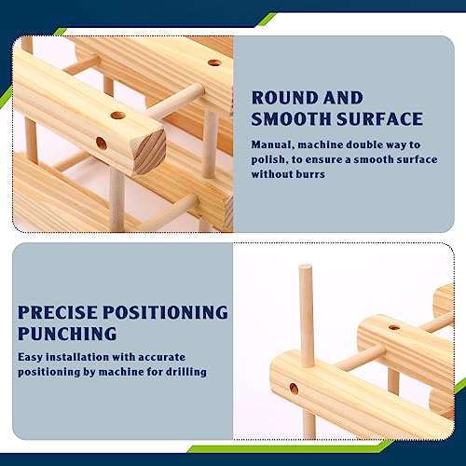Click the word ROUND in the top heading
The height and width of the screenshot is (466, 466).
pos(283,98)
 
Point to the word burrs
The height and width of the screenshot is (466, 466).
pos(310,174)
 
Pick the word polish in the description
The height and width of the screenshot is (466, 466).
pos(268,159)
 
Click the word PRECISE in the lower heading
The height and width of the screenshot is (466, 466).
pos(58,312)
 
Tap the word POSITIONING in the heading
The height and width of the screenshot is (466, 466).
pos(165,312)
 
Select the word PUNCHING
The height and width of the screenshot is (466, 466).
pos(67,334)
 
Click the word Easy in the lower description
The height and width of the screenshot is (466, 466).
pos(30,357)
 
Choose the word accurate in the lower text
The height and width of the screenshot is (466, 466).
pos(161,357)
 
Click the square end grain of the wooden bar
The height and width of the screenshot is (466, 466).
pos(149,152)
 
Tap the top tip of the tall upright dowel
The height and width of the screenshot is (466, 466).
pos(305,266)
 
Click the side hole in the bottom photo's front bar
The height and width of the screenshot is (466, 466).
pos(294,389)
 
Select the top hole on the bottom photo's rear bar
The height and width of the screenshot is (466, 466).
pos(394,327)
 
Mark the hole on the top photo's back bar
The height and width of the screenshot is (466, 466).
pos(214,62)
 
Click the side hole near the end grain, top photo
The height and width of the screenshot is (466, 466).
pos(102,144)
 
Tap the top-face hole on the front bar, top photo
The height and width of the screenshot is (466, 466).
pos(118,116)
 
